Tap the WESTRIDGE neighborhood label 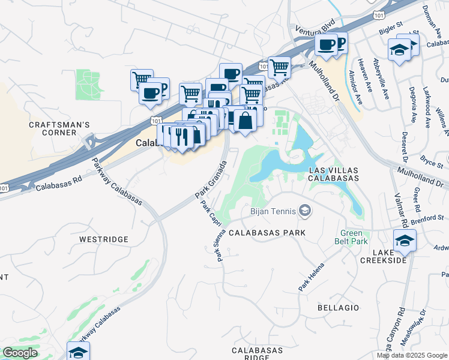pos(104,239)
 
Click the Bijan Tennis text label pos(273,211)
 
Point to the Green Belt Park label pos(354,237)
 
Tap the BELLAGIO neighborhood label pos(339,308)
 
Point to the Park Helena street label pos(311,278)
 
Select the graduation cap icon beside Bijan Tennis pos(306,210)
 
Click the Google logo pos(20,353)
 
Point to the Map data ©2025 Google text pos(411,355)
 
